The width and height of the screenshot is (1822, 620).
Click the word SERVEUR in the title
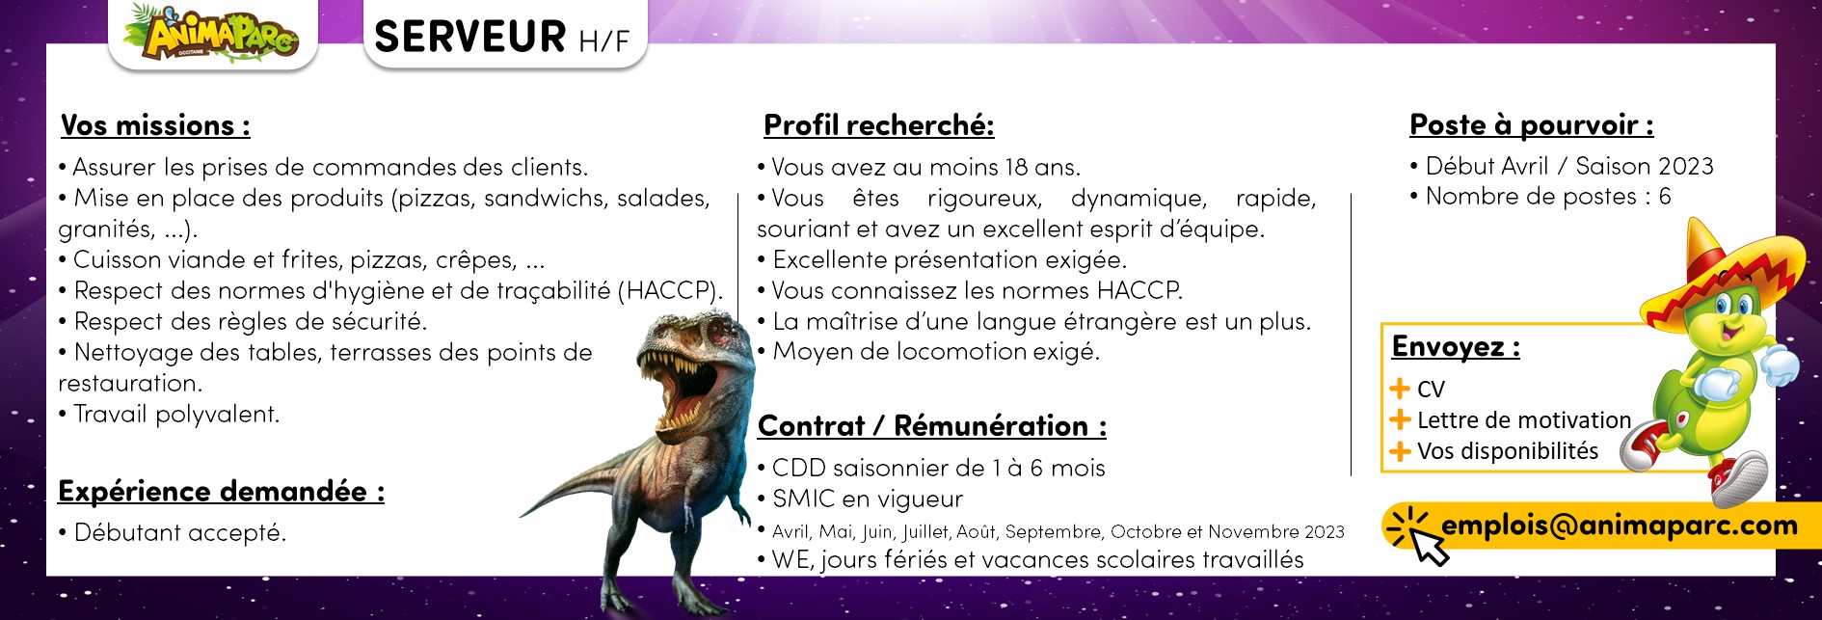pos(470,37)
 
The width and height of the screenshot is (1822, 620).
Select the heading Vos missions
pos(155,125)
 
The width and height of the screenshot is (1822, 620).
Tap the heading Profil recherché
pos(878,125)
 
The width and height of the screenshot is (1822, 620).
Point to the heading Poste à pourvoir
pos(1532,125)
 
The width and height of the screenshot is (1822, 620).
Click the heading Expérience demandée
pos(221,492)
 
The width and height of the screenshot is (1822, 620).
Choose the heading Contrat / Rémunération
pos(932,426)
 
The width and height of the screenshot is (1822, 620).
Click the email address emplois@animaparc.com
pos(1620,526)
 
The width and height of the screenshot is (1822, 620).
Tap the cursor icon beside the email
pos(1417,536)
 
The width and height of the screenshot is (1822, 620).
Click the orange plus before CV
pos(1400,389)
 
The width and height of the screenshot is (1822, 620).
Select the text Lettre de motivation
pos(1524,420)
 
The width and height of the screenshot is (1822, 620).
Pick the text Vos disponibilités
pos(1508,451)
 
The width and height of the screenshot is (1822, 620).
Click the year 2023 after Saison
pos(1686,167)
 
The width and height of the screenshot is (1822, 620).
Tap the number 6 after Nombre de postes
pos(1665,197)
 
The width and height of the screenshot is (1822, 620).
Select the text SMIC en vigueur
pos(868,499)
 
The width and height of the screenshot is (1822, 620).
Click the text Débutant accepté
pos(180,533)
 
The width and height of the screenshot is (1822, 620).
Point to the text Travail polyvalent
pos(176,415)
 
